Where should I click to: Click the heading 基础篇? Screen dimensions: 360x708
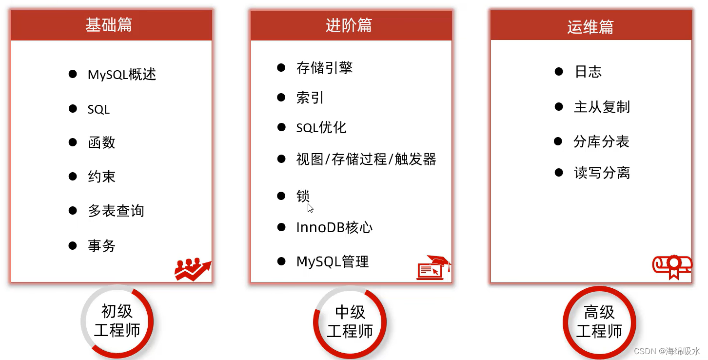109,25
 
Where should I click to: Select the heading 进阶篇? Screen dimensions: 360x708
349,25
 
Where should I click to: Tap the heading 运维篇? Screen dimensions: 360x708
590,27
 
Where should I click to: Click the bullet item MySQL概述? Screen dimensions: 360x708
122,75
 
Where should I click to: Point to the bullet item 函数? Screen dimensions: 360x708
101,142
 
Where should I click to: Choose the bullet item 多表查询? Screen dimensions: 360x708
116,211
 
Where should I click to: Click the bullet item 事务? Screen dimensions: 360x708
101,245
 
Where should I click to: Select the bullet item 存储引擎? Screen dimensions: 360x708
324,68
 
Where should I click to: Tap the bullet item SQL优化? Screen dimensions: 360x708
321,128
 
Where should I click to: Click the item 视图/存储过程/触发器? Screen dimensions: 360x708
366,160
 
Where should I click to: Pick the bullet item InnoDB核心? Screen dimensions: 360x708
334,228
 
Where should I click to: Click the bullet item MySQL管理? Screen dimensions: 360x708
333,262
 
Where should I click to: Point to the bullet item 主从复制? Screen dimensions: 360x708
602,107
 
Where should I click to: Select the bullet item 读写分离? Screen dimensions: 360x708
602,173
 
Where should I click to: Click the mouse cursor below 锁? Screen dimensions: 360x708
310,208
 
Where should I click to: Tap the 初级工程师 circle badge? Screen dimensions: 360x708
117,320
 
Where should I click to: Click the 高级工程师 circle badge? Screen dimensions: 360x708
599,322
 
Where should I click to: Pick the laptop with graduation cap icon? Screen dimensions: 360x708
433,268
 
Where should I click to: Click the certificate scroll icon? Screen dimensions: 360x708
672,266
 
